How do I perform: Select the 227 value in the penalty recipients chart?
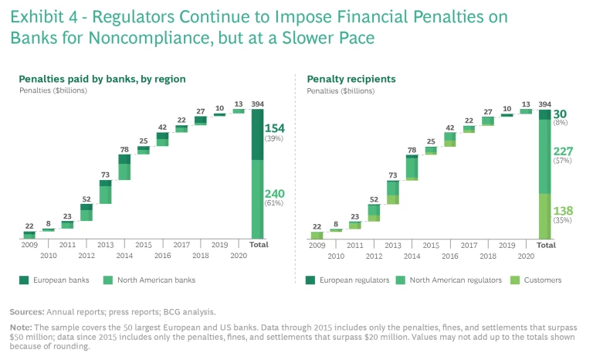563,151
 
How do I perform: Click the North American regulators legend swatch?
402,280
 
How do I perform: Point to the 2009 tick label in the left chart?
29,245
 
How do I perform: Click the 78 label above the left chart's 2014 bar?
124,149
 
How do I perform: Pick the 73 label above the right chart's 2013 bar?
392,175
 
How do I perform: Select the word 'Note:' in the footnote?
22,327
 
